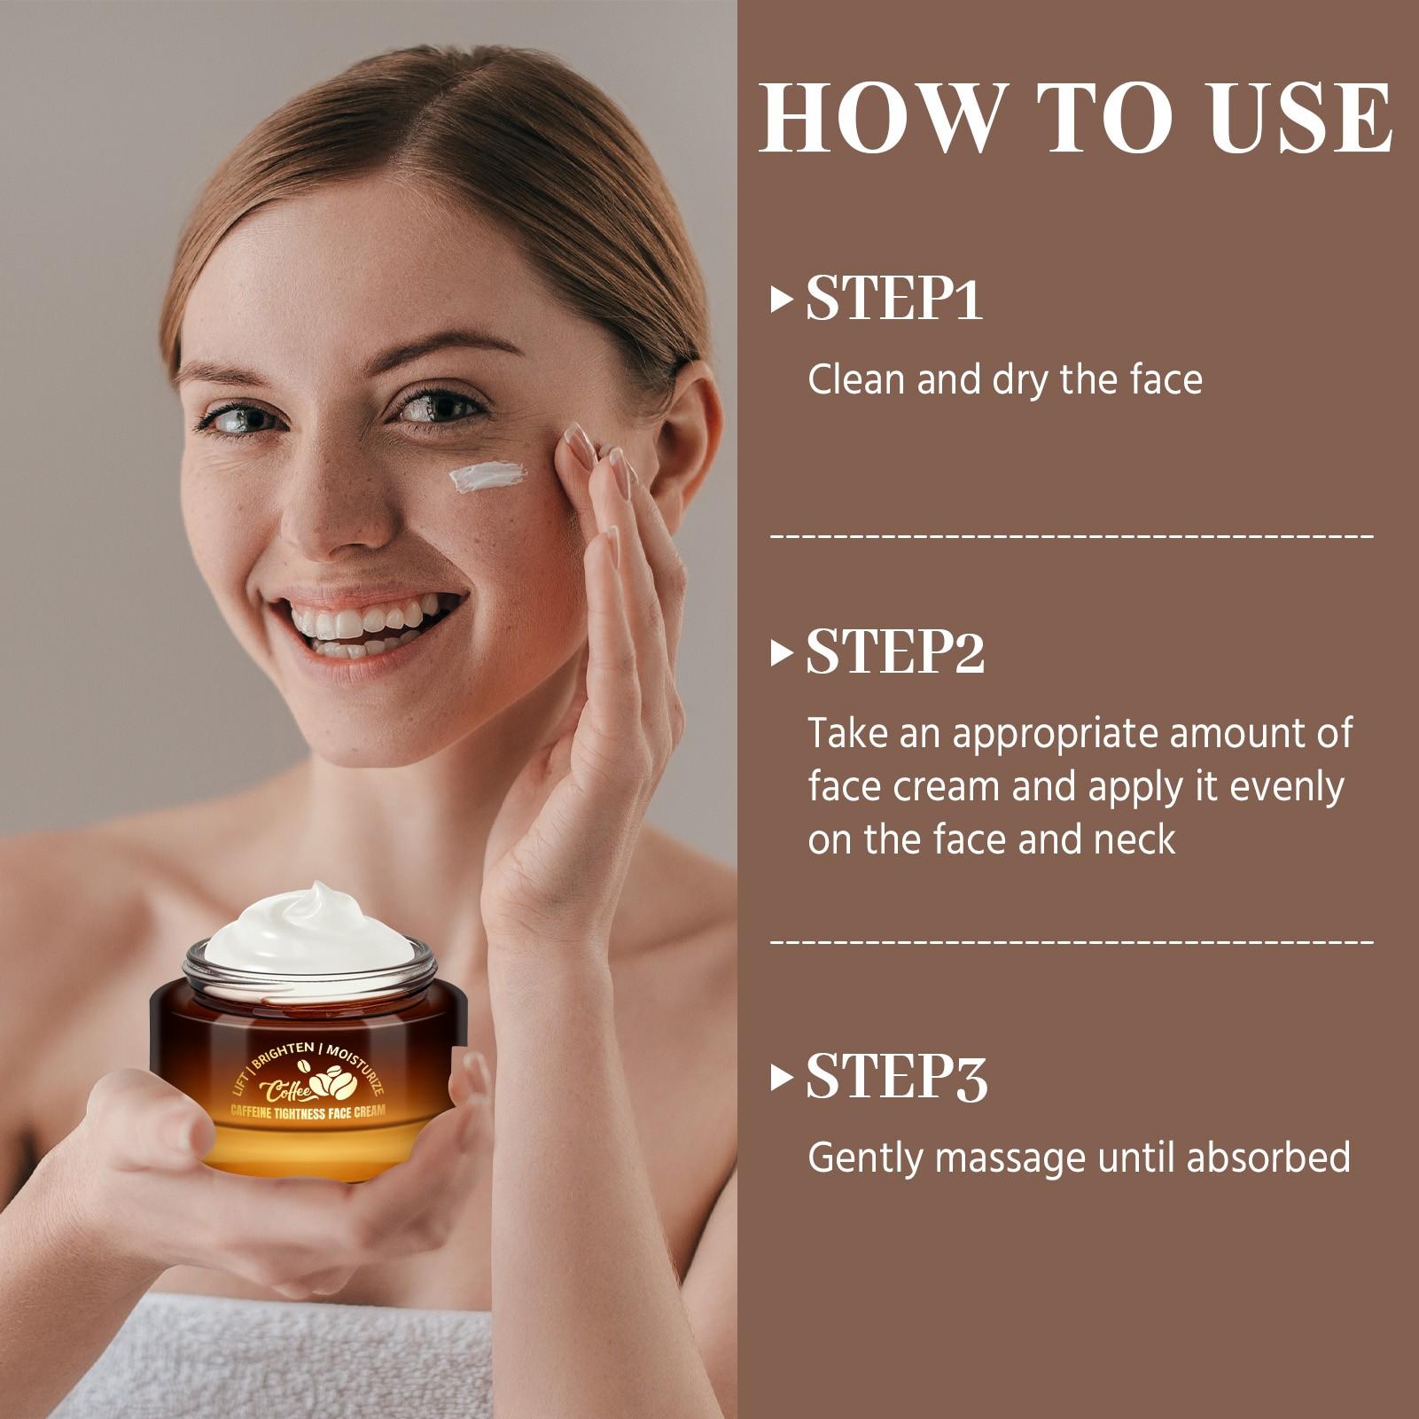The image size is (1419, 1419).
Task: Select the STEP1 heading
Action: click(894, 299)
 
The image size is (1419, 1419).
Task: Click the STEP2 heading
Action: click(895, 653)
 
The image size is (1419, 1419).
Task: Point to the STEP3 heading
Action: click(896, 1078)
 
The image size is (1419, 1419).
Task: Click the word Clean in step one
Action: click(857, 379)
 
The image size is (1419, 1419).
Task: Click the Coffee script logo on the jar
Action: click(281, 1088)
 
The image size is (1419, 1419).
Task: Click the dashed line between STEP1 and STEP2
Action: click(1072, 535)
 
